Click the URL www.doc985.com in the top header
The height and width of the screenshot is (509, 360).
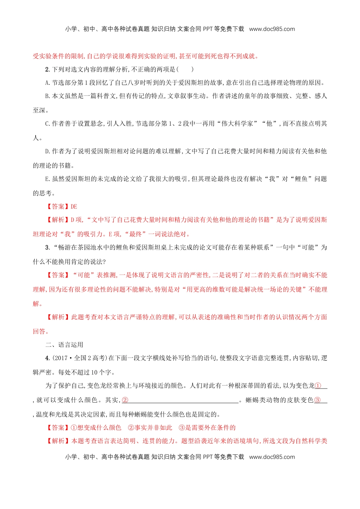tap(272, 29)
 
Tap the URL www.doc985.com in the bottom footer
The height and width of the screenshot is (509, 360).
tap(272, 457)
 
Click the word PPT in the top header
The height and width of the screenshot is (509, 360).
tap(208, 29)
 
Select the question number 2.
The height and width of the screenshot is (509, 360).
tap(47, 69)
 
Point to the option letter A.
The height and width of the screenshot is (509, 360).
tap(47, 83)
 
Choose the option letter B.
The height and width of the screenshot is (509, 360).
tap(47, 96)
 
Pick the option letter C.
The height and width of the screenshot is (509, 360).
tap(47, 123)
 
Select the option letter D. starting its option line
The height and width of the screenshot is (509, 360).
tap(47, 151)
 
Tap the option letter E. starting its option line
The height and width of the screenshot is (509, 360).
tap(47, 179)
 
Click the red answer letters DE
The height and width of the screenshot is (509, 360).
tap(74, 206)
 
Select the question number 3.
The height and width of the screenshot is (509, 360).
tap(47, 247)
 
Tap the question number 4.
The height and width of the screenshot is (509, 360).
tap(47, 358)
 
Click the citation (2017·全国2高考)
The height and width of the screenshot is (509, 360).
tap(80, 358)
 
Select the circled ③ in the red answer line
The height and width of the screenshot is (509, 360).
tap(182, 428)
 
